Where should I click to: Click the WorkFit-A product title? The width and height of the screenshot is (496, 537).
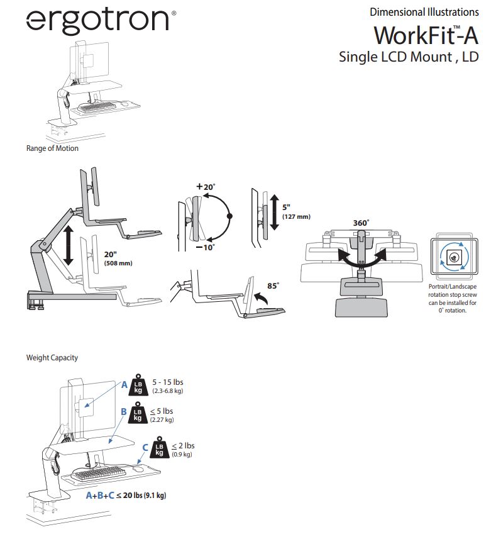coord(426,34)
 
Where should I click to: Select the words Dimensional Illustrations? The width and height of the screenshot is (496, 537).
coord(424,12)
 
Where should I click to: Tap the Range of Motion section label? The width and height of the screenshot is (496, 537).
coord(52,148)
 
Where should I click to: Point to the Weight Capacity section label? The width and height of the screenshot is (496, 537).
coord(52,358)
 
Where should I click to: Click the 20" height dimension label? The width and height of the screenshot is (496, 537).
coord(111,254)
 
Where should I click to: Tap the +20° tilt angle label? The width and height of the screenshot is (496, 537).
coord(206,187)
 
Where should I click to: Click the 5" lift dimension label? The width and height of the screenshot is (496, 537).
coord(286,207)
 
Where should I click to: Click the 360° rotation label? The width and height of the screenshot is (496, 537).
coord(361,223)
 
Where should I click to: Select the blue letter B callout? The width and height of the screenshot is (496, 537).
coord(124,412)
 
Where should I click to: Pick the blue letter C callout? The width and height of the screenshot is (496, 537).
coord(146,447)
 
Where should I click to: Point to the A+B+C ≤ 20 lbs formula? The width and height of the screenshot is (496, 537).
coord(126,495)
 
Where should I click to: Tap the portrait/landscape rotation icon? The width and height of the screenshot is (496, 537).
coord(451,257)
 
